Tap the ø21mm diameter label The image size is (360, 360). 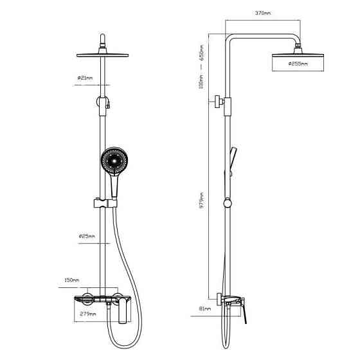pyautogui.click(x=85, y=78)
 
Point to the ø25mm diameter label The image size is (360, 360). pyautogui.click(x=86, y=236)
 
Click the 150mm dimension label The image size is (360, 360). pyautogui.click(x=71, y=280)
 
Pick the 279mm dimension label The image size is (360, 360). pyautogui.click(x=87, y=314)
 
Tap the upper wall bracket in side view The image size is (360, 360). pyautogui.click(x=221, y=101)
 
